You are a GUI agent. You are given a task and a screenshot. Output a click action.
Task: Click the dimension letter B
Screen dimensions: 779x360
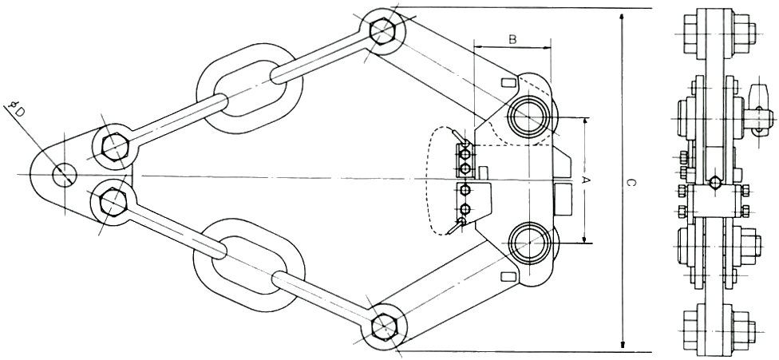(512, 39)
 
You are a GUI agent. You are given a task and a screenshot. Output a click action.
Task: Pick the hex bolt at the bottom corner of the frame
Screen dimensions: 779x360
(384, 326)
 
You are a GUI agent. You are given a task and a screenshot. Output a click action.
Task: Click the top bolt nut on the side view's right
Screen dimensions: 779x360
(744, 34)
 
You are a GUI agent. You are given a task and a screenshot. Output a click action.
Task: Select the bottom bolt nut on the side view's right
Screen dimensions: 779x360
(743, 328)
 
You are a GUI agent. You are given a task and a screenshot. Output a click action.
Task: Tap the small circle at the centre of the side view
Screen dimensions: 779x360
(714, 182)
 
